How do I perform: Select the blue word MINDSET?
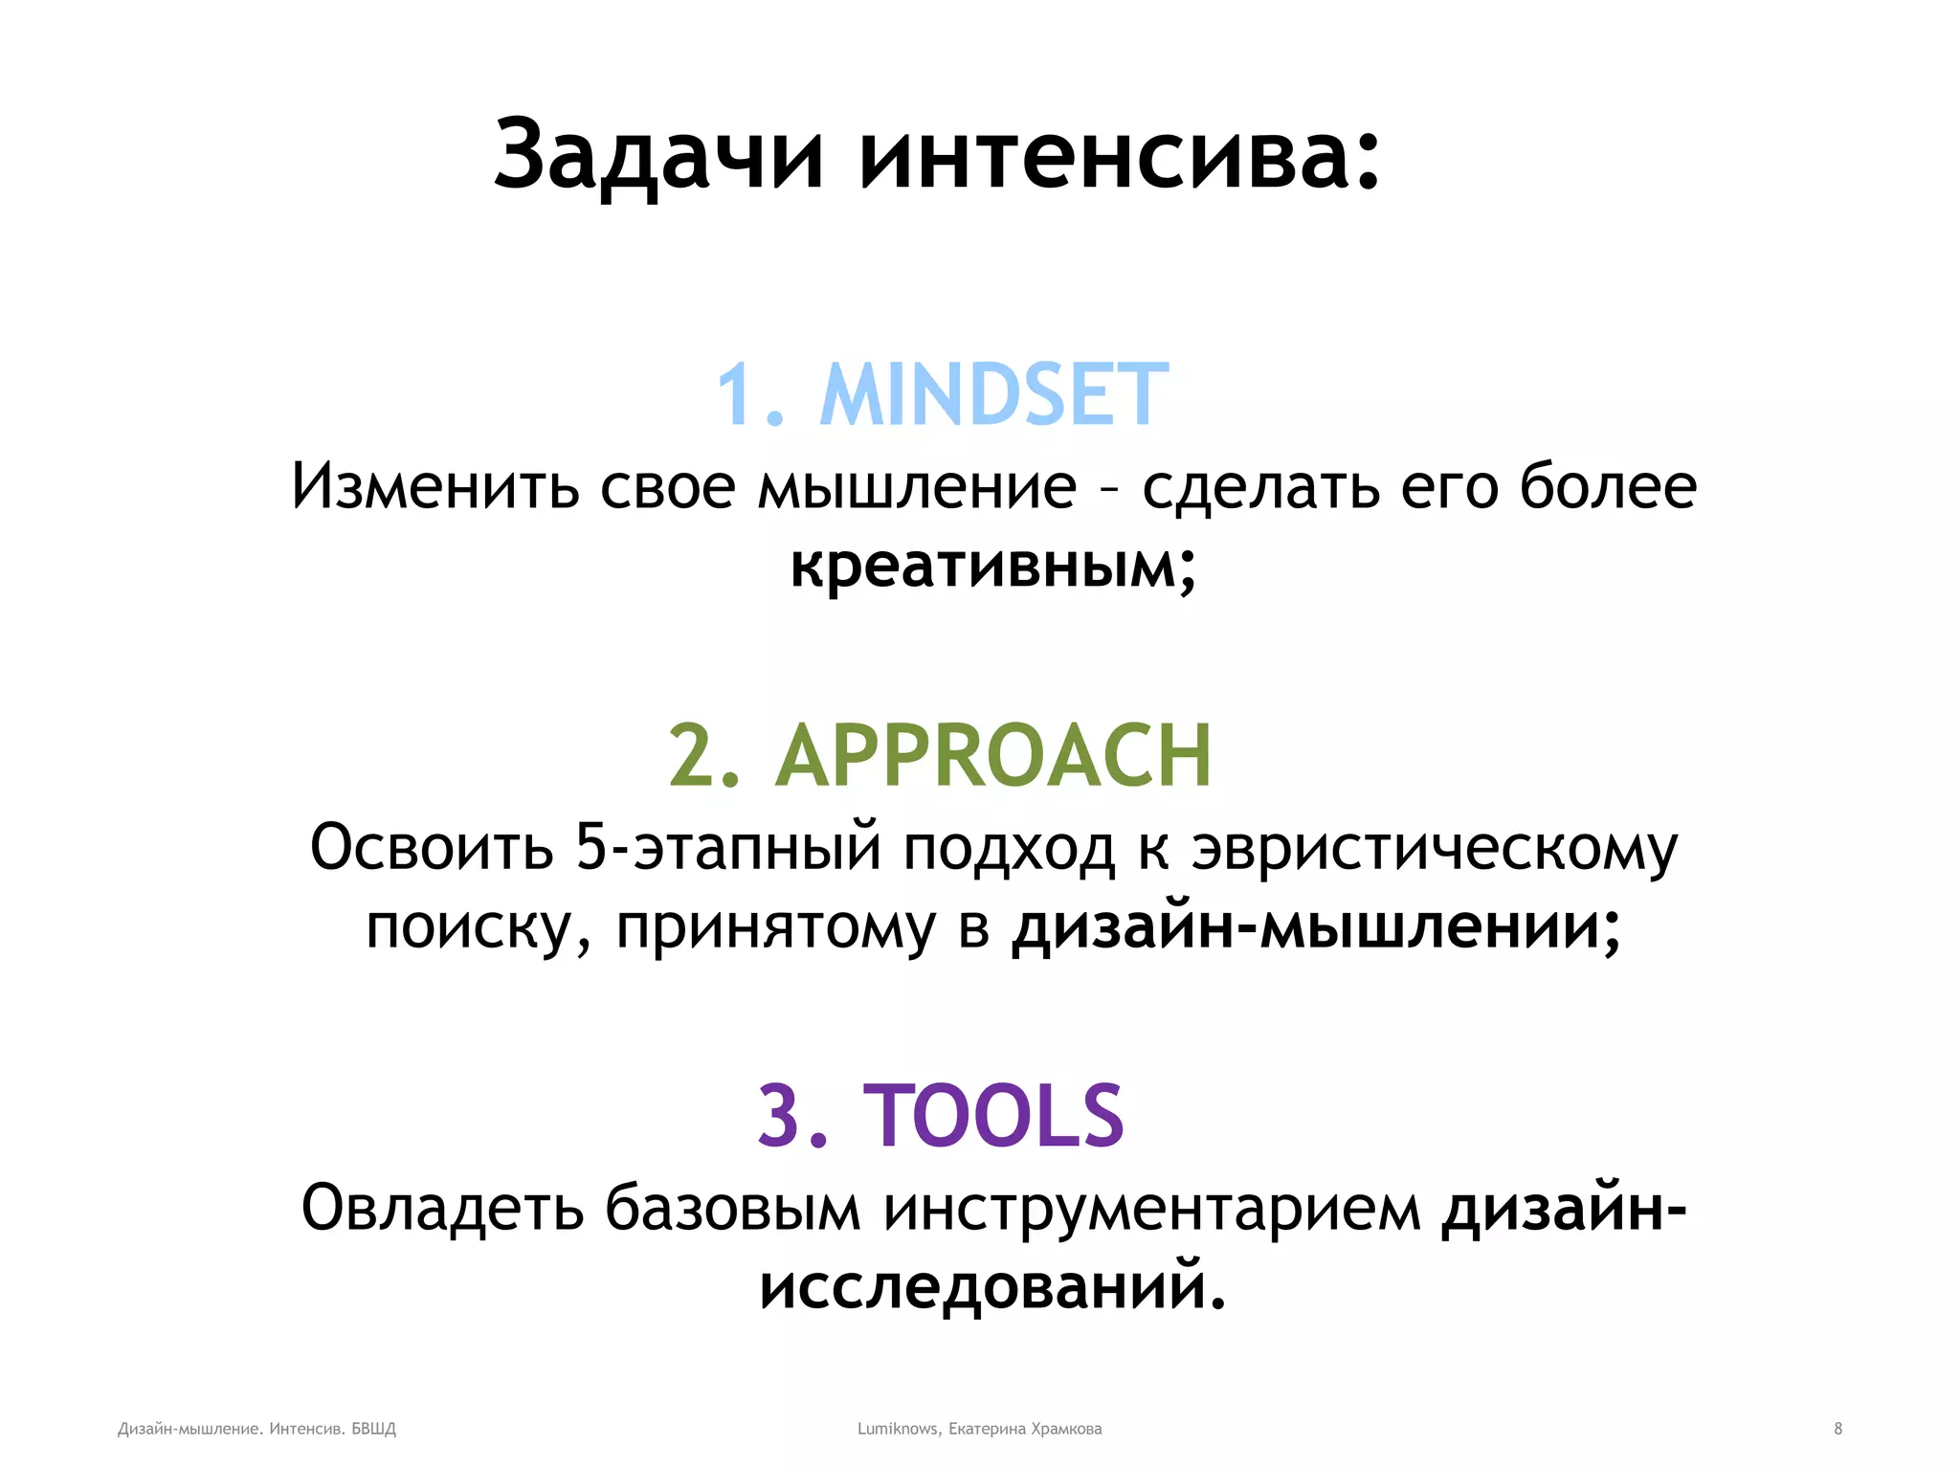[994, 395]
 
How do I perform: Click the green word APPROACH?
[993, 756]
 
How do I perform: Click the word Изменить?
[435, 486]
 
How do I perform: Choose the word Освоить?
[432, 847]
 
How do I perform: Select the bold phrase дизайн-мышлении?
[1316, 927]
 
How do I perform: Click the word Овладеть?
[442, 1208]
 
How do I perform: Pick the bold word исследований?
[991, 1287]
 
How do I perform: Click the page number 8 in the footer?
[1837, 1429]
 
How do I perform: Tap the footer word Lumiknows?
[898, 1429]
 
